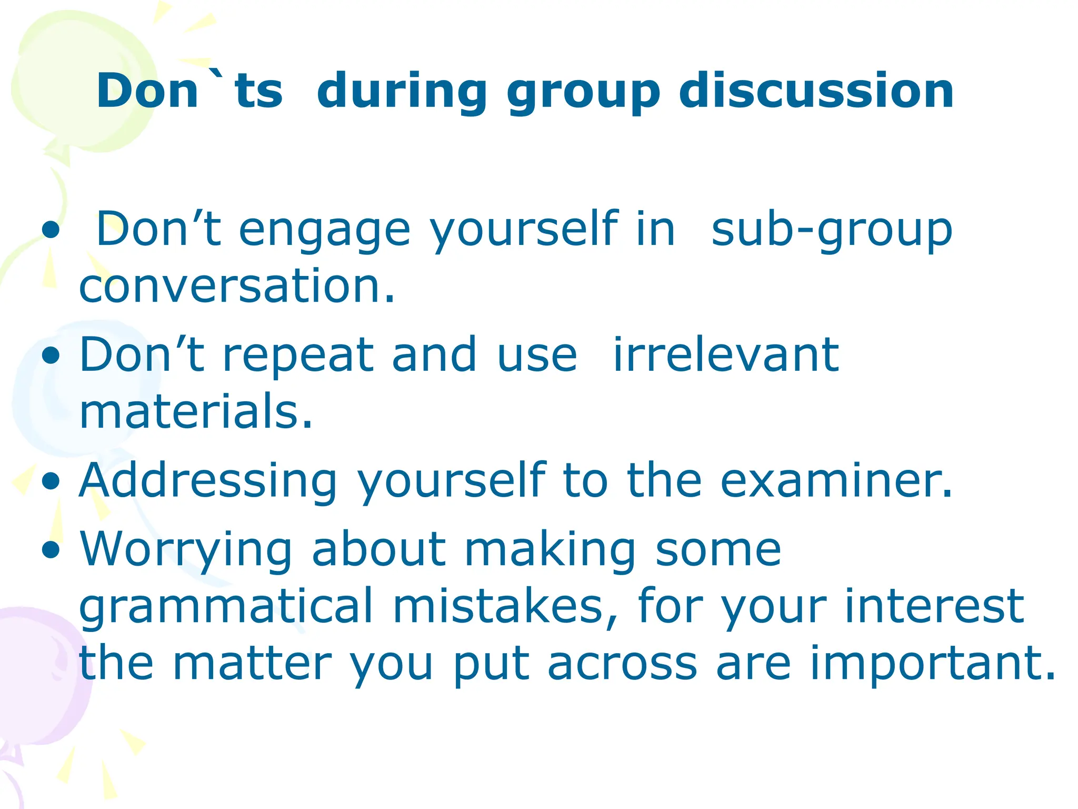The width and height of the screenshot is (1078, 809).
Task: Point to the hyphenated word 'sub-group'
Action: point(832,231)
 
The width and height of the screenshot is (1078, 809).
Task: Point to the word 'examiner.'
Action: point(836,480)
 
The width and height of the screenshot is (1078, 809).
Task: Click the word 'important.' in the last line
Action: point(932,665)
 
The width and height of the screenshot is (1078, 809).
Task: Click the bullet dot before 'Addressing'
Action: point(51,481)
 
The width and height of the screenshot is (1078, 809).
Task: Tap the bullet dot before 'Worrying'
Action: point(51,550)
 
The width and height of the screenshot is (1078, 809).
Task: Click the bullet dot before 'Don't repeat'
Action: point(51,356)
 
